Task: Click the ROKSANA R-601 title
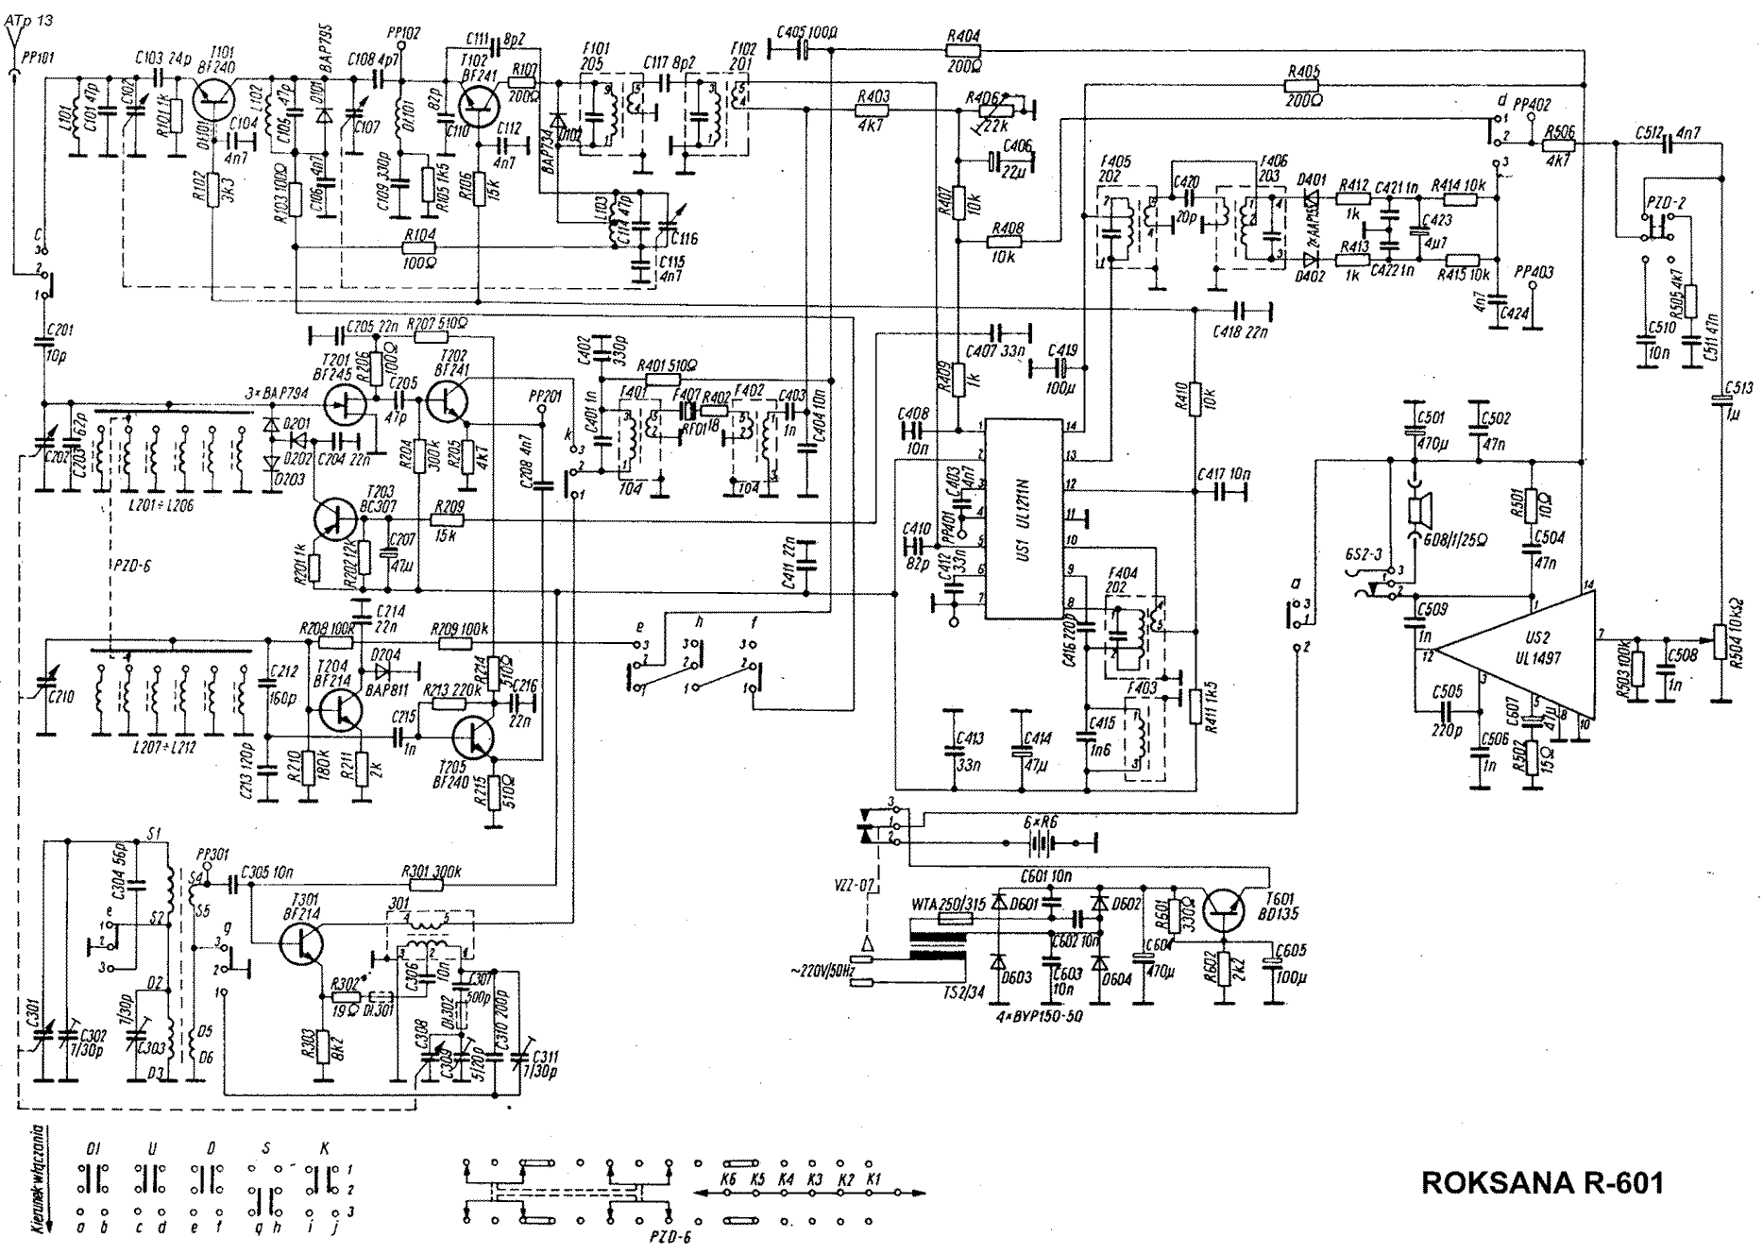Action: pos(1542,1183)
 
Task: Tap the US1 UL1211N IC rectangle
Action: pos(1024,518)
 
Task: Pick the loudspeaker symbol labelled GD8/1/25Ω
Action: pos(1416,511)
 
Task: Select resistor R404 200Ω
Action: pos(962,52)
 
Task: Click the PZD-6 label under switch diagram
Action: pos(673,1236)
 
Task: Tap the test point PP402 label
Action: pos(1532,105)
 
